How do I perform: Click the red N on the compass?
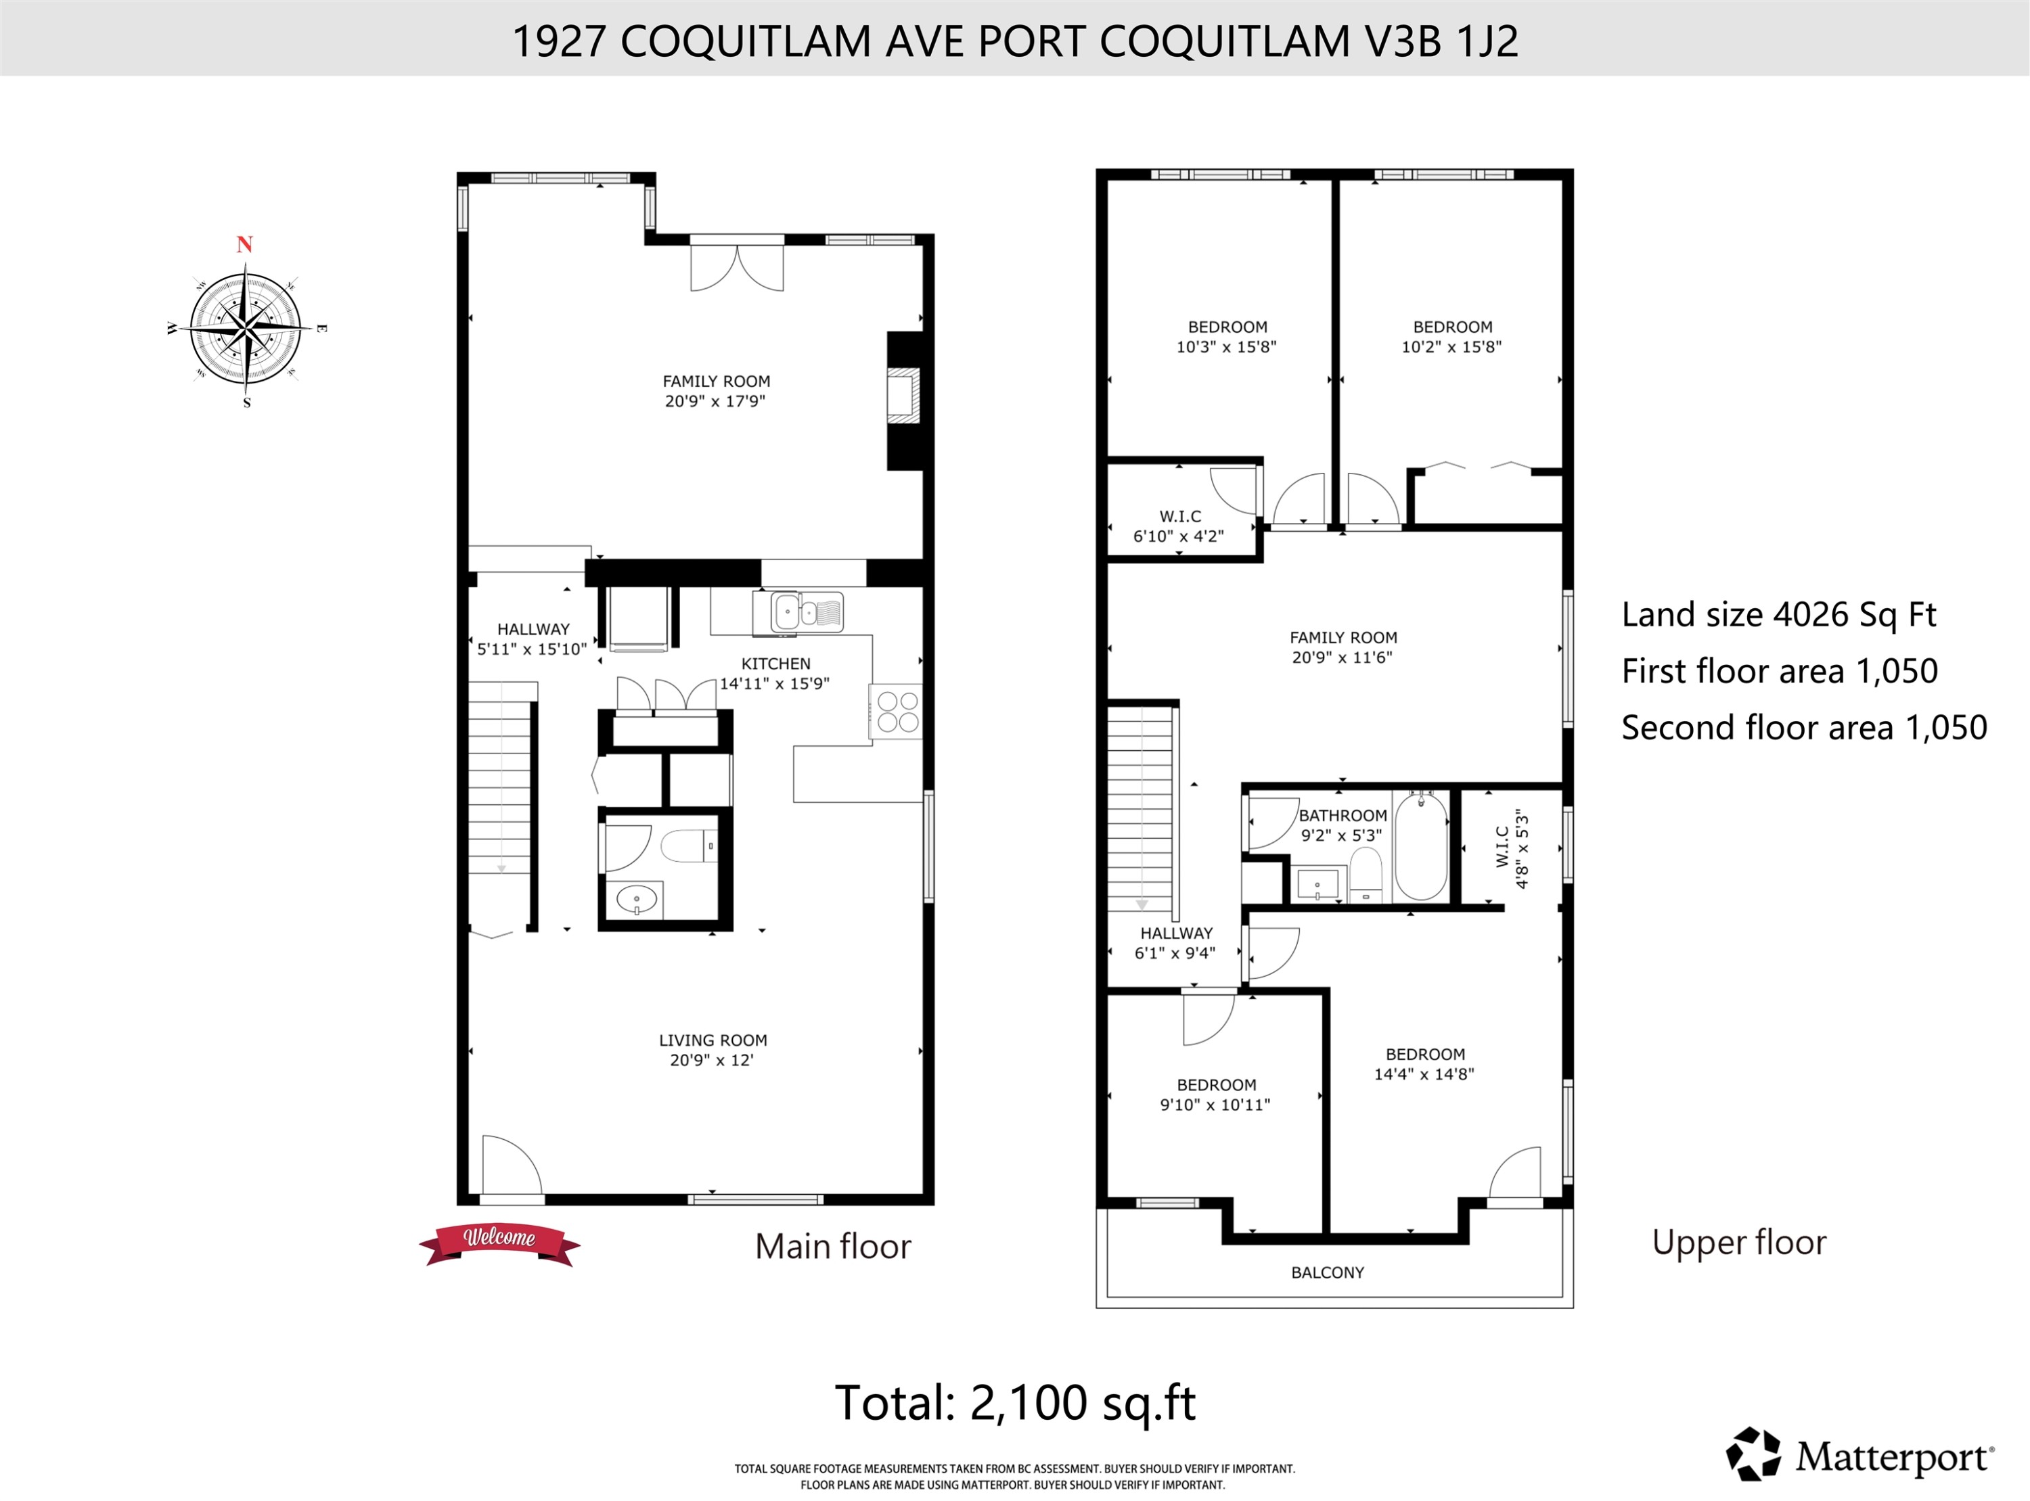point(244,244)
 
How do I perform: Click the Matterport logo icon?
point(1753,1454)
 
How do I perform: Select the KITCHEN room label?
point(775,664)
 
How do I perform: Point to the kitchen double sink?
point(807,611)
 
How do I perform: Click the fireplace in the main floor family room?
point(903,397)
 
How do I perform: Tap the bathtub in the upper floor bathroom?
point(1420,847)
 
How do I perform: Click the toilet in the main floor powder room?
point(689,847)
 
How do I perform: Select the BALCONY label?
point(1327,1272)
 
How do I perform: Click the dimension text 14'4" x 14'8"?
point(1423,1074)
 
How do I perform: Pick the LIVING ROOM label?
point(713,1040)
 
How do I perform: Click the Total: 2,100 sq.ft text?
point(1015,1402)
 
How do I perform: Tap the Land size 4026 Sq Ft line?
point(1778,615)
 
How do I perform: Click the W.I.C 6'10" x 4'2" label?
point(1179,526)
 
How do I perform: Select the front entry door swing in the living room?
point(511,1165)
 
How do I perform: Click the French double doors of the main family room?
point(736,264)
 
